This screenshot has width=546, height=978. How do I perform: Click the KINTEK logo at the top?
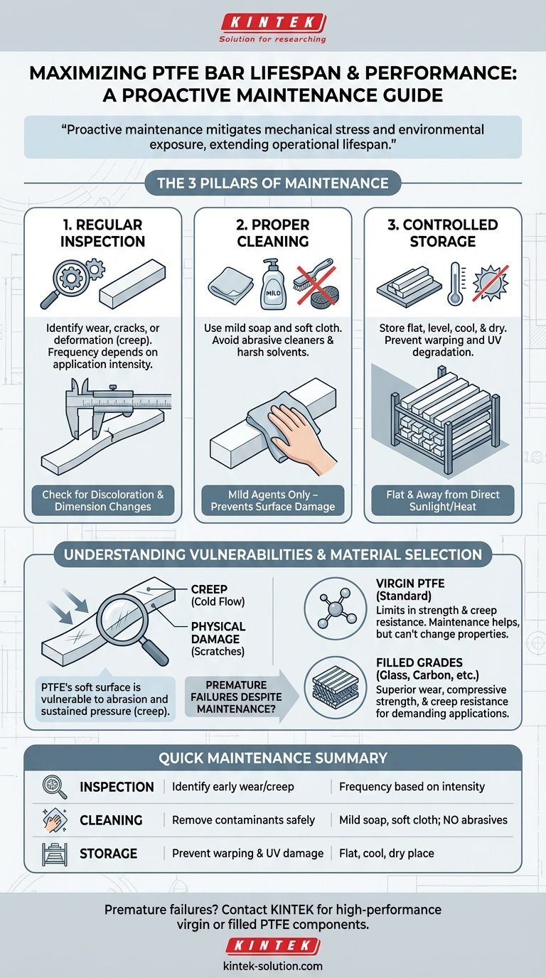[272, 22]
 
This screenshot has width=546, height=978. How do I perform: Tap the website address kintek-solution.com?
[272, 966]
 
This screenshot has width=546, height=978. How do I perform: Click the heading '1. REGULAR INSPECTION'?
[102, 233]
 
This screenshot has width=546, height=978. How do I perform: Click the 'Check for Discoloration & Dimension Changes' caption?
[102, 501]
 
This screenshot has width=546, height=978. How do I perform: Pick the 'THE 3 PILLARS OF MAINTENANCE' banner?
[272, 183]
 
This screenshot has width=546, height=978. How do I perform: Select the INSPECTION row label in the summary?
[117, 787]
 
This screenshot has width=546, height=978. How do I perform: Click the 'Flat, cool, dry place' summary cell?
[387, 853]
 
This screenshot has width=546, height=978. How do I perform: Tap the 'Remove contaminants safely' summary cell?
[243, 820]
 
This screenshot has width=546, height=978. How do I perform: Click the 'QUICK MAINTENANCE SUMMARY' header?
[272, 758]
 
